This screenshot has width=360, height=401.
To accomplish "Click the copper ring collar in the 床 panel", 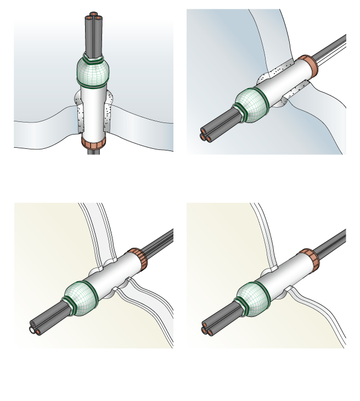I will click(x=93, y=142).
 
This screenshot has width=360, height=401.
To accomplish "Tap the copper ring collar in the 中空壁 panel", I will click(x=138, y=259).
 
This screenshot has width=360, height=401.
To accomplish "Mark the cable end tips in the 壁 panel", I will click(x=206, y=134).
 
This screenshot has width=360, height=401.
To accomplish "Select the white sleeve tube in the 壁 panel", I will click(x=283, y=83).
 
